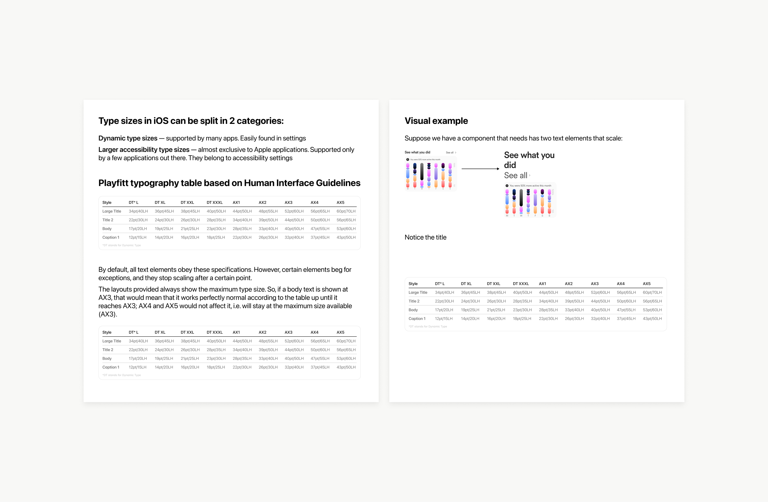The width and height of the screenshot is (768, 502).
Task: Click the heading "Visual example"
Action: click(x=436, y=121)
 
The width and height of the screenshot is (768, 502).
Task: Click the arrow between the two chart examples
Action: click(x=480, y=169)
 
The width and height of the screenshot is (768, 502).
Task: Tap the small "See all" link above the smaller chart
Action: click(x=450, y=152)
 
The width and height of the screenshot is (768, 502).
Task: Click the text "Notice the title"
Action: click(x=425, y=237)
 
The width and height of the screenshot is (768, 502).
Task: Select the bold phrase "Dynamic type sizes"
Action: click(x=128, y=138)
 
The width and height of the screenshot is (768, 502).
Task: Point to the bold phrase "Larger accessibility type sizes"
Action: click(x=144, y=150)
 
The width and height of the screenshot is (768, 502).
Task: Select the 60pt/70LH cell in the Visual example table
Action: click(x=652, y=292)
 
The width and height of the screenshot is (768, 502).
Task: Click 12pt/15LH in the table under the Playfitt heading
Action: click(x=138, y=237)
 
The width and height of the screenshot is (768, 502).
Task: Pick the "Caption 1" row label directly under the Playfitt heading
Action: click(x=111, y=237)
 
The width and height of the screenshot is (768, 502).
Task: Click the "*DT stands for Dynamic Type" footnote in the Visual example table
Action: click(x=428, y=327)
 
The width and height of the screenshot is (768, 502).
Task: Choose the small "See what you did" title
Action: click(x=417, y=152)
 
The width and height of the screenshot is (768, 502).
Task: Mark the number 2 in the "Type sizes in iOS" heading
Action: click(x=232, y=121)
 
